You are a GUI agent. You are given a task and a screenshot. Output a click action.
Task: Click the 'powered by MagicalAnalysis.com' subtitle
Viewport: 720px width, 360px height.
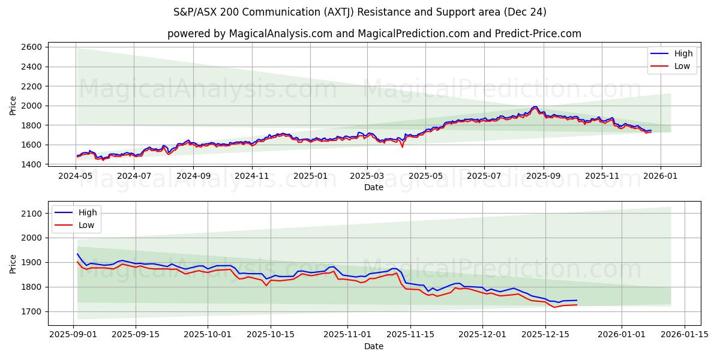[x=374, y=34]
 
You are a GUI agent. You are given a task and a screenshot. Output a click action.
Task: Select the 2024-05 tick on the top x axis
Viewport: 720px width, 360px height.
[x=76, y=176]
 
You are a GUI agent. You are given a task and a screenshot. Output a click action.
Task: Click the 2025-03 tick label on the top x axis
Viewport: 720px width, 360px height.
[x=367, y=176]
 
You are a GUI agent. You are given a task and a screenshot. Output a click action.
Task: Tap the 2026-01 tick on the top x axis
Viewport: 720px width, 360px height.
[x=661, y=176]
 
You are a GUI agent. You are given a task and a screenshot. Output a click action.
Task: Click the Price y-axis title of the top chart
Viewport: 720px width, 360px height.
[x=13, y=106]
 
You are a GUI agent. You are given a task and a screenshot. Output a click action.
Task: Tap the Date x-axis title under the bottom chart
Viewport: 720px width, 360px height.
[x=374, y=346]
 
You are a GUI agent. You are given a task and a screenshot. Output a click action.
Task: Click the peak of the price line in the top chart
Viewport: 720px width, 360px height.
[x=534, y=107]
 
